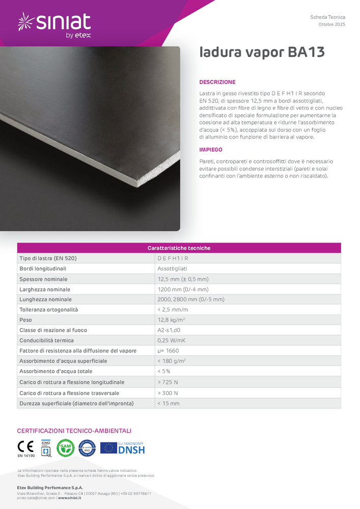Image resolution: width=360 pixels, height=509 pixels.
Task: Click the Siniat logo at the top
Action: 54,24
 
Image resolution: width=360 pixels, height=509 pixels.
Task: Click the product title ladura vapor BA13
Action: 262,52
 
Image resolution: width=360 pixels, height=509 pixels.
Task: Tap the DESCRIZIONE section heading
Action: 217,82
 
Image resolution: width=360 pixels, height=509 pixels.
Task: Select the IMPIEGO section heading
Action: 211,150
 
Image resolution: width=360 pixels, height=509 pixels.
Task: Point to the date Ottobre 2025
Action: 331,24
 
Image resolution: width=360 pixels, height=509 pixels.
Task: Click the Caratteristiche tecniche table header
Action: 179,248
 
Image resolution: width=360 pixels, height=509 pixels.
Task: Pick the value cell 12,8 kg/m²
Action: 171,320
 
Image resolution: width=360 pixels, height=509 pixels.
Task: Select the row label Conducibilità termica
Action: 46,341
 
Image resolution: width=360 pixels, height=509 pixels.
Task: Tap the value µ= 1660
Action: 168,351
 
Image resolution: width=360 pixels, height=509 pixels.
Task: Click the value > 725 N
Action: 168,382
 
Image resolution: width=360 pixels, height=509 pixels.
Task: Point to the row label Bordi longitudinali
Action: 43,268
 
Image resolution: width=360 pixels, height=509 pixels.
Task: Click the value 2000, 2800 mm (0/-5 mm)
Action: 191,299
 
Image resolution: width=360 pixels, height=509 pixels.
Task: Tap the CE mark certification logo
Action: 25,447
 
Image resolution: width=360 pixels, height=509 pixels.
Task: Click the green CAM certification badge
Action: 65,448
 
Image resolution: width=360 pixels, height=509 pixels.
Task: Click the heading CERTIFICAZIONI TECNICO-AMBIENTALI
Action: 74,431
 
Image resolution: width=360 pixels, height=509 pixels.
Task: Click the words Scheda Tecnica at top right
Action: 327,17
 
